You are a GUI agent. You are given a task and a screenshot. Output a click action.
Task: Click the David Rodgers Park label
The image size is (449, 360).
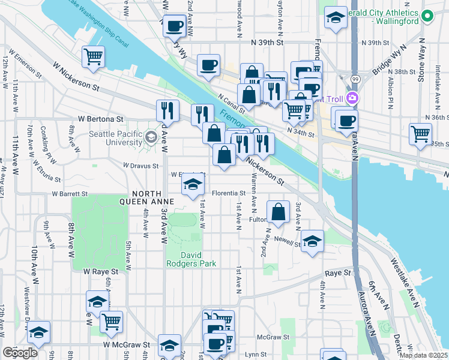(x=191, y=259)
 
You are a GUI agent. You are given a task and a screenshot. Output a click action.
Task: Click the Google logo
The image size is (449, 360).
(x=20, y=353)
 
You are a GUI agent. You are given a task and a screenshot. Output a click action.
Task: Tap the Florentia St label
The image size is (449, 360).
(x=228, y=193)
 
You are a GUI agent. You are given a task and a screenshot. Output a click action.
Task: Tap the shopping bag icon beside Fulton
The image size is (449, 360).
(x=279, y=212)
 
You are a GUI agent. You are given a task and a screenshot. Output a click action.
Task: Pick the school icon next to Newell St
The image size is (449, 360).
(x=312, y=241)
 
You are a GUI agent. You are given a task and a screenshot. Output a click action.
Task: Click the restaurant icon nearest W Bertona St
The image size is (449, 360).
(x=167, y=110)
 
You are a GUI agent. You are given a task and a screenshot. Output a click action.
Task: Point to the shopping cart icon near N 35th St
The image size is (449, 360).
(x=420, y=133)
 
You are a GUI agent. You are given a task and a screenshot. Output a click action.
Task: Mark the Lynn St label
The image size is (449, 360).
(x=255, y=355)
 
